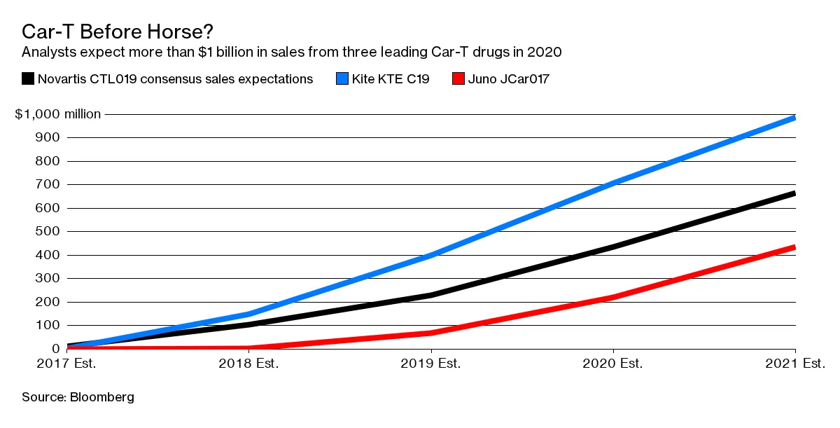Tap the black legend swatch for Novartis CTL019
(28, 78)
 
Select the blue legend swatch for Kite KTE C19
(342, 78)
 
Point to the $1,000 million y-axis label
(58, 114)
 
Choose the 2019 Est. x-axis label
(431, 364)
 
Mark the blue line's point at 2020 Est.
(613, 183)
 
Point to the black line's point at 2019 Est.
(431, 296)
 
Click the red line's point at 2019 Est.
(431, 333)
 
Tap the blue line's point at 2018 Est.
(249, 314)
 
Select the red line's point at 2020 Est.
(613, 297)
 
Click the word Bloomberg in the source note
(101, 397)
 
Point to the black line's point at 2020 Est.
(613, 247)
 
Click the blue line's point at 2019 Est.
(431, 255)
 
